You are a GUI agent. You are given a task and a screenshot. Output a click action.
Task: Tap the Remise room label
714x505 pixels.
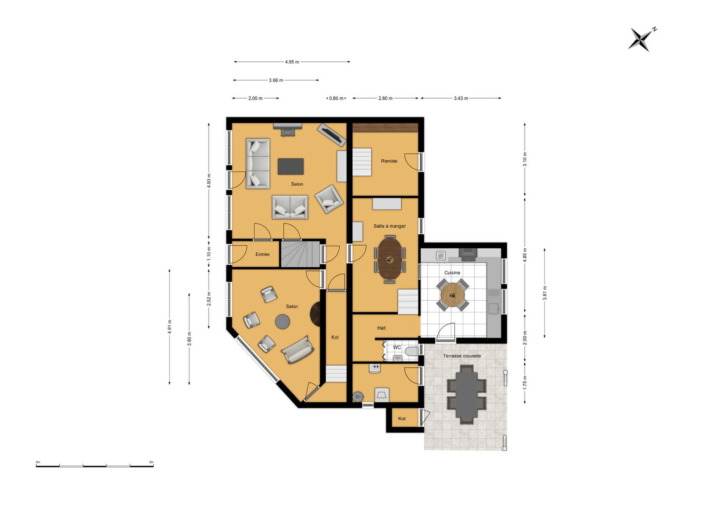pos(389,161)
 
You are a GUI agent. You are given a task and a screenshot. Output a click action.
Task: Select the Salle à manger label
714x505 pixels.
pos(389,226)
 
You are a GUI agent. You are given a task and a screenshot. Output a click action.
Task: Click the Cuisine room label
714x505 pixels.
pos(452,273)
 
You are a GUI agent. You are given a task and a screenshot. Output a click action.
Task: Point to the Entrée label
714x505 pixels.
pos(262,254)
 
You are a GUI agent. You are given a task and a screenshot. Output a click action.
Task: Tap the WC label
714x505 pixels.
pos(397,347)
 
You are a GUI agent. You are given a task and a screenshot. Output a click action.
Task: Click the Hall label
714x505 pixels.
pos(381,328)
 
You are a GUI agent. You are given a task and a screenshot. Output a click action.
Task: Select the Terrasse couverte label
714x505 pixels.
pos(462,356)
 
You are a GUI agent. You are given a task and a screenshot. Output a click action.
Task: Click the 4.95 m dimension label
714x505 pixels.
pos(292,62)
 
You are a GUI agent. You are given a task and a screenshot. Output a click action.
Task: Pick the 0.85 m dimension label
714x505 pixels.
pos(336,98)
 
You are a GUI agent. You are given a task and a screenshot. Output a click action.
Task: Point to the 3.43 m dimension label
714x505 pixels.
pos(461,98)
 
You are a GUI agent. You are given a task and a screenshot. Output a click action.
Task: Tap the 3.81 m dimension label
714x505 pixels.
pos(545,293)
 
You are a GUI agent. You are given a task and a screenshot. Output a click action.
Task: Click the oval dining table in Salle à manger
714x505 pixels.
pos(389,259)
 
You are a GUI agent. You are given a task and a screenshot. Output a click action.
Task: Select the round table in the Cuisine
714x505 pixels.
pos(452,295)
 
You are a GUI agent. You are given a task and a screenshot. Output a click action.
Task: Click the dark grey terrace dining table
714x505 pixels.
pos(467,394)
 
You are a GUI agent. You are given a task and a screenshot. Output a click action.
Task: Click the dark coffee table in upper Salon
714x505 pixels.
pos(290,167)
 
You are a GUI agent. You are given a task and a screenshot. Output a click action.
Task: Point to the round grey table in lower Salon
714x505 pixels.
pos(282,322)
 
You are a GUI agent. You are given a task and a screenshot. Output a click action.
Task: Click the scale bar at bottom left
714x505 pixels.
pos(95,466)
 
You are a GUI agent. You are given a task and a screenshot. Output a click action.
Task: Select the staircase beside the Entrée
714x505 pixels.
pos(300,254)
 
